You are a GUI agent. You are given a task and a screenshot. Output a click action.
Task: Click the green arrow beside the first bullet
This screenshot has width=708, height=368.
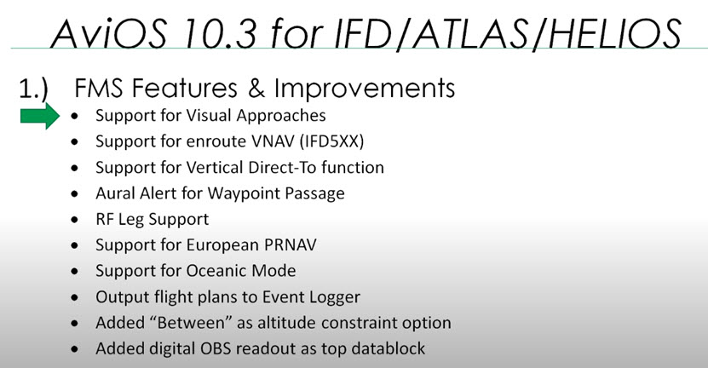[40, 116]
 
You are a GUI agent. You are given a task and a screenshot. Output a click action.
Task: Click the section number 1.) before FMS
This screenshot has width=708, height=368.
[33, 89]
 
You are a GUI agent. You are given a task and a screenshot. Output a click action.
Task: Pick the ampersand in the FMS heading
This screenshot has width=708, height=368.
[256, 89]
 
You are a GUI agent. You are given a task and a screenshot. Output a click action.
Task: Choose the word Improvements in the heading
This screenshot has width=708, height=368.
[365, 88]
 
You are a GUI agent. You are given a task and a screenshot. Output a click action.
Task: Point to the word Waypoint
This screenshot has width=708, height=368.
[236, 194]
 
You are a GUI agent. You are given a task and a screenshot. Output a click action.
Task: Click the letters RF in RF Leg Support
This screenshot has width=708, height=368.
[104, 220]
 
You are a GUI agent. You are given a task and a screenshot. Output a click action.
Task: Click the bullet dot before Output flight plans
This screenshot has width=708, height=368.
[74, 297]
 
